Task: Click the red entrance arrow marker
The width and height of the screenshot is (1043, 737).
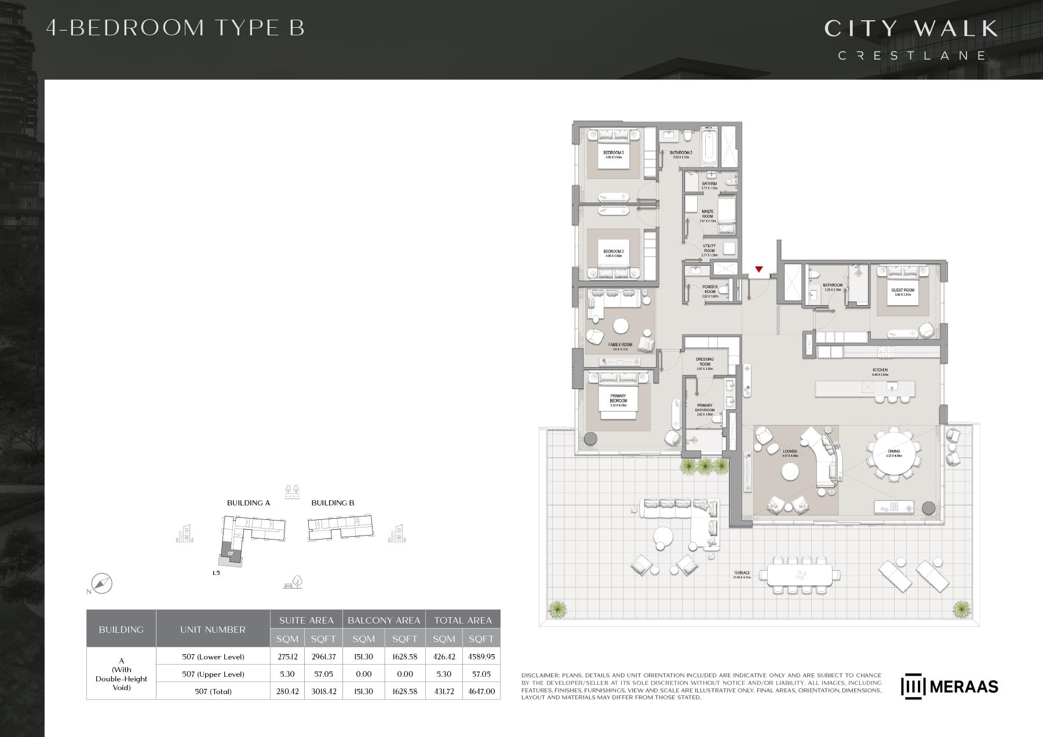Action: point(758,269)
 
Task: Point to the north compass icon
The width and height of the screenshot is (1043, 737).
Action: point(102,584)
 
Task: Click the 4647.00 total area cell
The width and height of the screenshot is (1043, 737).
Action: point(481,691)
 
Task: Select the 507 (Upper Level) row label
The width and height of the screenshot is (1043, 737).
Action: point(213,674)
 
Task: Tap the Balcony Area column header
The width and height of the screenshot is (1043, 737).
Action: point(384,620)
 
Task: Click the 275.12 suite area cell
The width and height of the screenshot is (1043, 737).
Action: point(287,657)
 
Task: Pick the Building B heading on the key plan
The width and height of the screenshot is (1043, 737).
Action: point(333,503)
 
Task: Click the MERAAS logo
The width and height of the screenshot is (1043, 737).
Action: point(949,687)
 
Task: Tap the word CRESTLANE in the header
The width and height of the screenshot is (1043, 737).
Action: point(911,56)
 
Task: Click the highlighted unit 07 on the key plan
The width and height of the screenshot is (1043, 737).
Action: point(231,553)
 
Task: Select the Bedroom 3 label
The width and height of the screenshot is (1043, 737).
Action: point(613,155)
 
